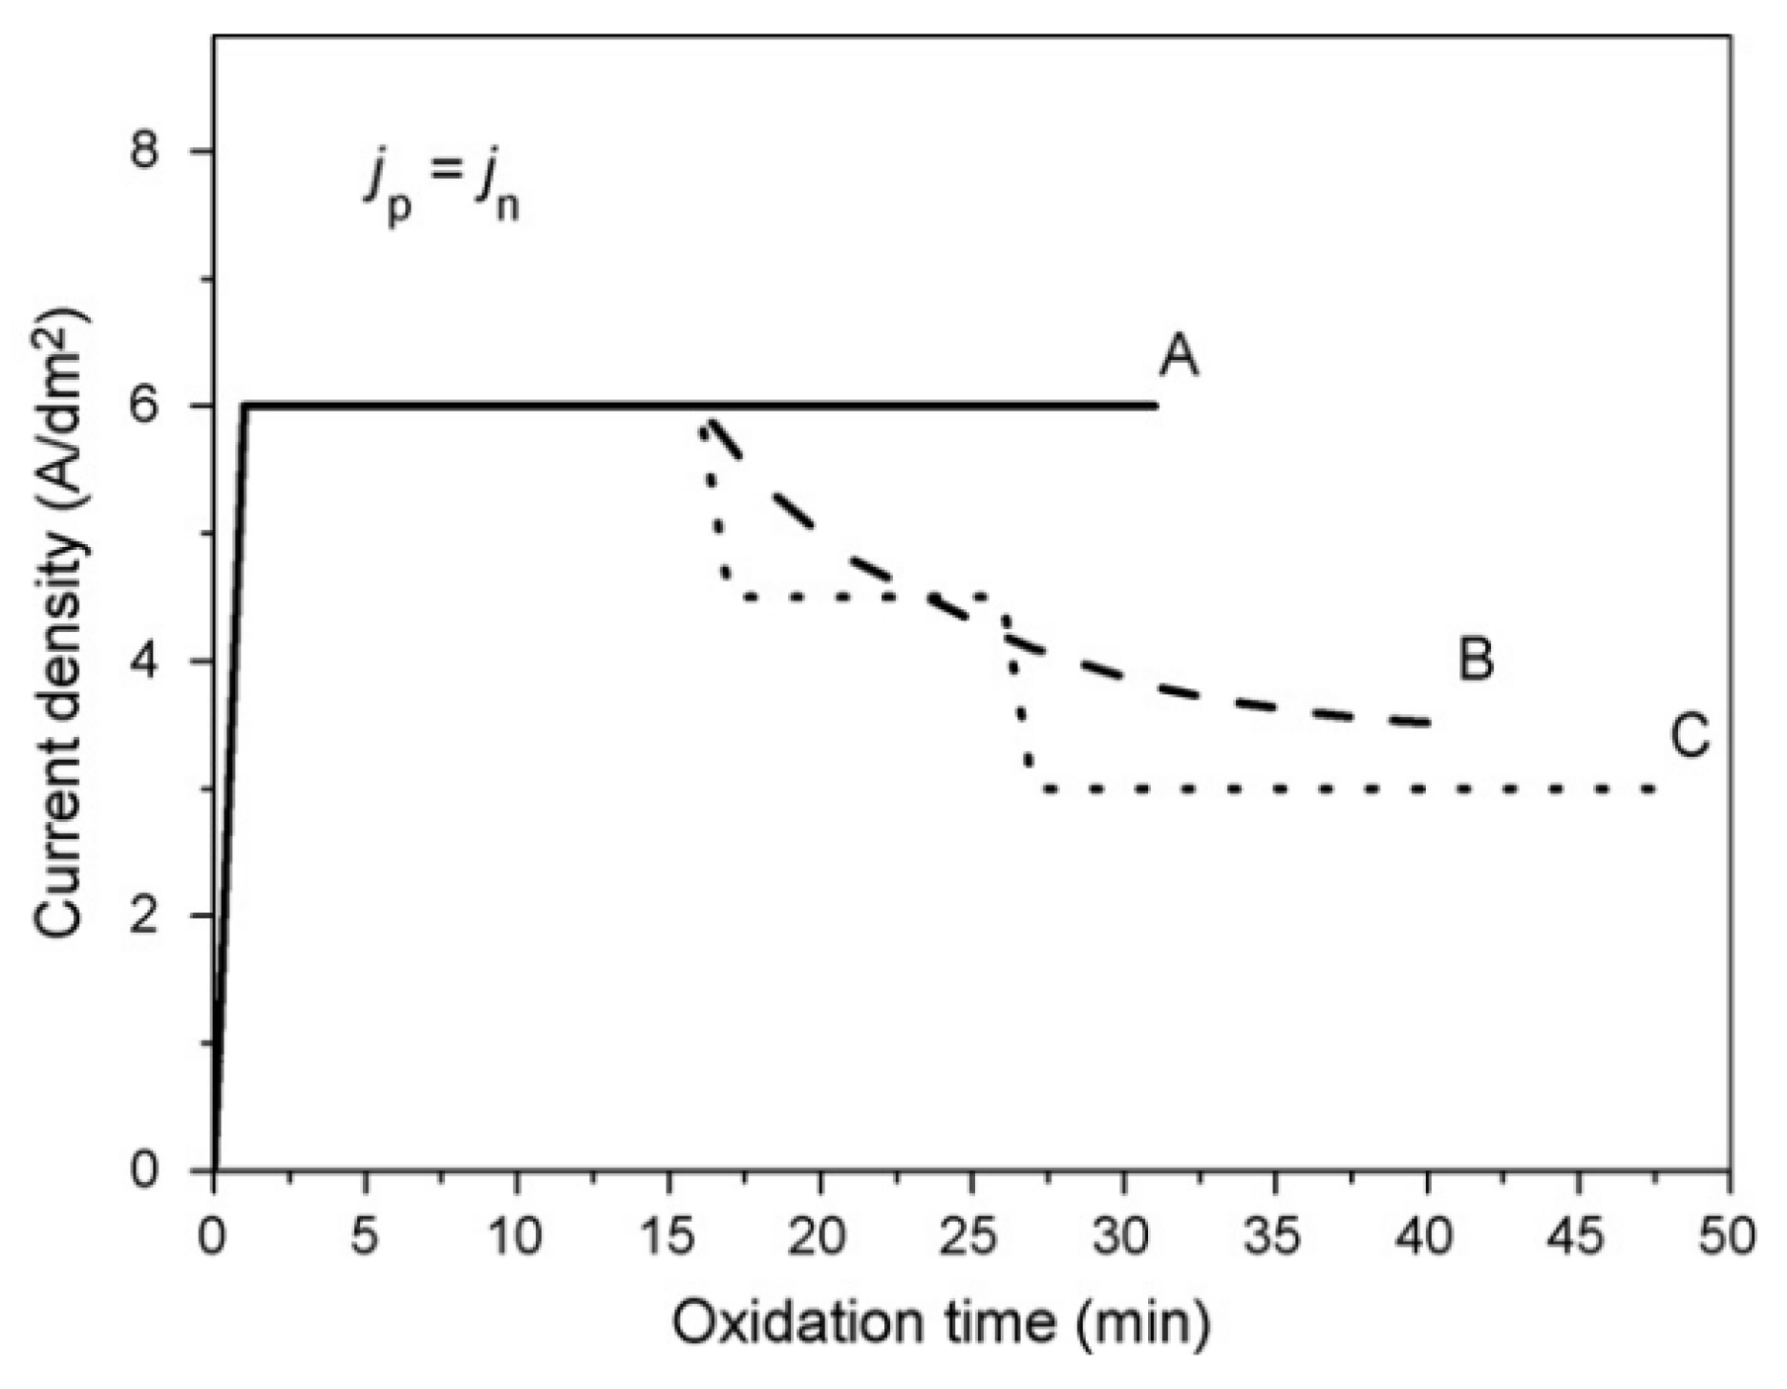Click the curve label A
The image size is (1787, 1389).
click(x=1179, y=359)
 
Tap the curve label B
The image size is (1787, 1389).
click(x=1476, y=659)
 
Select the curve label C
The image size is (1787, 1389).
click(x=1690, y=737)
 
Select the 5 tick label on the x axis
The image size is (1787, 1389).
click(x=365, y=1237)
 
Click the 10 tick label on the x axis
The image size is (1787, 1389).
click(x=516, y=1237)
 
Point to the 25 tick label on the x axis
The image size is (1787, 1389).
click(x=971, y=1237)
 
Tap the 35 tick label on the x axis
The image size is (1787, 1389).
click(x=1275, y=1237)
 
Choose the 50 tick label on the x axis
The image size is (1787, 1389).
click(x=1730, y=1237)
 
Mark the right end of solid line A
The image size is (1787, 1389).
click(x=1157, y=406)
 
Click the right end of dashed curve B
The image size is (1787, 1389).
click(x=1430, y=724)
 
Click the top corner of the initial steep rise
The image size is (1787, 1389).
click(x=245, y=406)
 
